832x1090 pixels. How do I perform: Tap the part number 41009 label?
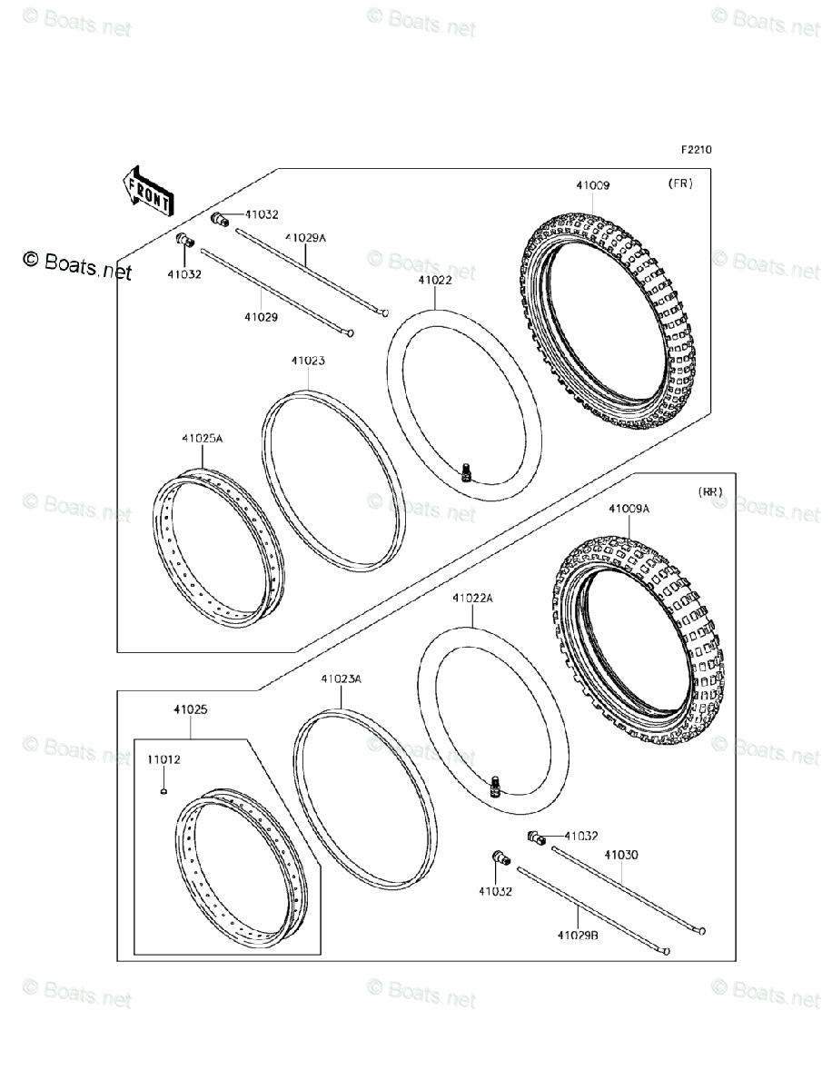[x=592, y=185]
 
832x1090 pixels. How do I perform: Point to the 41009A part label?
[x=629, y=510]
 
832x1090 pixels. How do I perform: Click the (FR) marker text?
[x=680, y=183]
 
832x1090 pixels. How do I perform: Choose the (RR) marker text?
[x=710, y=491]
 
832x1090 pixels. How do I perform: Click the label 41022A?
[x=472, y=599]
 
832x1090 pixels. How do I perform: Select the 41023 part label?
[x=308, y=362]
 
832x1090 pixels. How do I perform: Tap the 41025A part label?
[x=202, y=439]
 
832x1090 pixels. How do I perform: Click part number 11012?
[x=163, y=761]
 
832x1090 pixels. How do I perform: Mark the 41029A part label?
[x=305, y=237]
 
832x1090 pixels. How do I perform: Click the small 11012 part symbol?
[x=163, y=791]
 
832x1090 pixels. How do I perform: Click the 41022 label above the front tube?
[x=435, y=281]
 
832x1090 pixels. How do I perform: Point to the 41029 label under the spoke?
[x=261, y=318]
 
